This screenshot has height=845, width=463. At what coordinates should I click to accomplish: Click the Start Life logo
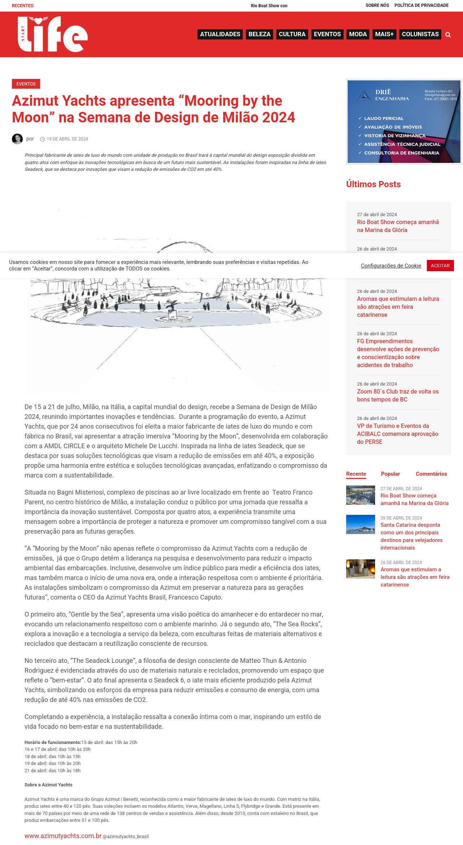[52, 34]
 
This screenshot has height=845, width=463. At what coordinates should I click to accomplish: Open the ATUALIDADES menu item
[220, 34]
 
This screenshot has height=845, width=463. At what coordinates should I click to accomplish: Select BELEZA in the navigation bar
[259, 34]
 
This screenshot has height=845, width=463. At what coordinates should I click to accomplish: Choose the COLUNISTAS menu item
[420, 34]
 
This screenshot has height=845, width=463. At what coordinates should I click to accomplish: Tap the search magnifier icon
[448, 35]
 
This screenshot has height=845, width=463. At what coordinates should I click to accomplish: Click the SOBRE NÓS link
[377, 5]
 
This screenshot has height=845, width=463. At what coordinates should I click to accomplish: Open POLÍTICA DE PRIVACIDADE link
[421, 5]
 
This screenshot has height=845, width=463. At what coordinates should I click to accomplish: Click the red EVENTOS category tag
[26, 84]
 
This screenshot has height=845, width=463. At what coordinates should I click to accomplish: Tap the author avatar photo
[17, 139]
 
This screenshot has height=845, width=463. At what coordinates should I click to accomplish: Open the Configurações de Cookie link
[391, 266]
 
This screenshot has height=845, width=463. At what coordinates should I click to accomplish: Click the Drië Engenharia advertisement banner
[404, 122]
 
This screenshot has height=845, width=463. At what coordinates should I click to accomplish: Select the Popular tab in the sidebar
[390, 474]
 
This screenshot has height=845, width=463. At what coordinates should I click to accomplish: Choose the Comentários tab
[431, 474]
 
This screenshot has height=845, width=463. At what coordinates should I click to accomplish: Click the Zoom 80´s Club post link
[398, 395]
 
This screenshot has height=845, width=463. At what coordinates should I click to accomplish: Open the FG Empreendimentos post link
[398, 353]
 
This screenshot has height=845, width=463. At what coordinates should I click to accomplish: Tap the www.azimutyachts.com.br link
[63, 836]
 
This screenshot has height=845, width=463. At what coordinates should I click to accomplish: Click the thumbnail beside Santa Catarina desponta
[360, 525]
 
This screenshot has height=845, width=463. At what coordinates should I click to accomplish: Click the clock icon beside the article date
[42, 139]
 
